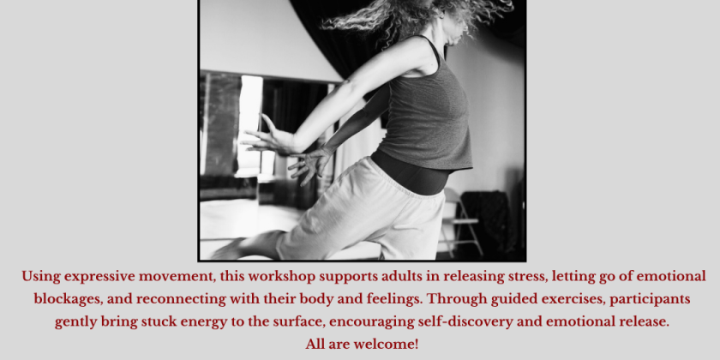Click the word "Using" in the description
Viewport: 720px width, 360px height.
click(40, 277)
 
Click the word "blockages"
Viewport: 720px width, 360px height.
click(68, 299)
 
